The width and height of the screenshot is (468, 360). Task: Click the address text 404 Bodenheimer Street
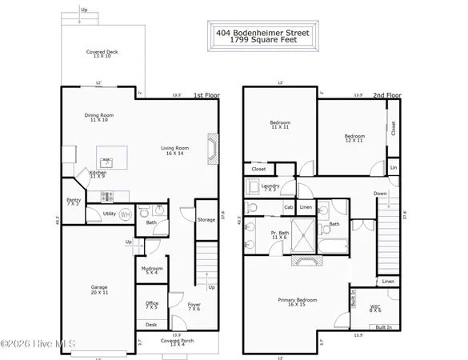(x=262, y=33)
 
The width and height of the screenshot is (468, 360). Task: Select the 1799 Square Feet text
(x=262, y=41)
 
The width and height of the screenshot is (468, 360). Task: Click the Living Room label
(x=174, y=150)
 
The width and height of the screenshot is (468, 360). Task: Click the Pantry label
(x=73, y=202)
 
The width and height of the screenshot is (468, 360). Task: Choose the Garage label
(x=98, y=289)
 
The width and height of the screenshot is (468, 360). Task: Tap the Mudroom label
(x=152, y=270)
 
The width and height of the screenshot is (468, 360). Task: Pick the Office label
(x=151, y=305)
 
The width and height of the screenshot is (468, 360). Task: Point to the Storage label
(x=206, y=219)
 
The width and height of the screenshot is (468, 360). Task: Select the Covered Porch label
(x=176, y=342)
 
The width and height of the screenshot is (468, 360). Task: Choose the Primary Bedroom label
(x=297, y=302)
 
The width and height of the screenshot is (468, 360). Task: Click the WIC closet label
(x=375, y=307)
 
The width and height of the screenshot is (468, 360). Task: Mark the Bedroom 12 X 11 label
(x=354, y=138)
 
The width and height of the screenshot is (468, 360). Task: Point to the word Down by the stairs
(x=381, y=193)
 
